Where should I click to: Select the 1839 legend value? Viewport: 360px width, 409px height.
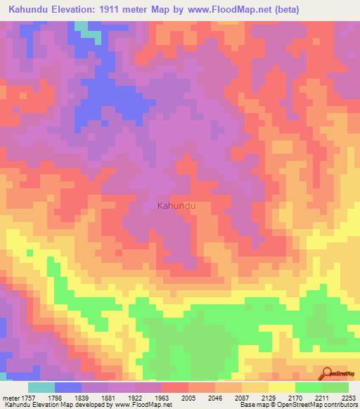click(91, 398)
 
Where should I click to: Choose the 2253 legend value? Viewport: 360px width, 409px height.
click(347, 398)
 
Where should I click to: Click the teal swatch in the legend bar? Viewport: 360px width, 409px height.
click(41, 387)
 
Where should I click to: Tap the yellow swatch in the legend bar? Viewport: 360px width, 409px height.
click(282, 387)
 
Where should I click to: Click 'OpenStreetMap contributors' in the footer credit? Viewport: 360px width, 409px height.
click(319, 405)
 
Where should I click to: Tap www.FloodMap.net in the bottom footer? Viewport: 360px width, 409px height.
click(144, 405)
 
